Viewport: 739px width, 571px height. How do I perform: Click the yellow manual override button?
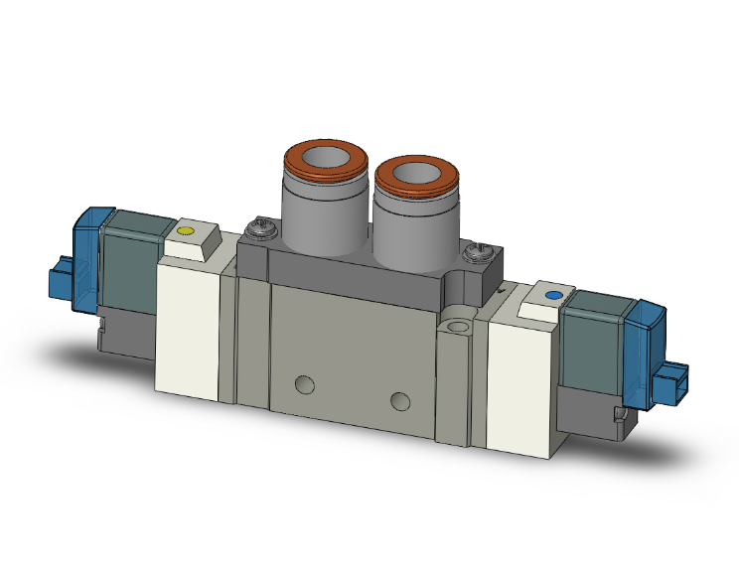tap(184, 232)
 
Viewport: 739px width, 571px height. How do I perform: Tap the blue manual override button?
tap(553, 296)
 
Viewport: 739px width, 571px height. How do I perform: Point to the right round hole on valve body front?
tap(400, 400)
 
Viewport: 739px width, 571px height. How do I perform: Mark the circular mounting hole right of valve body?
tap(458, 325)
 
